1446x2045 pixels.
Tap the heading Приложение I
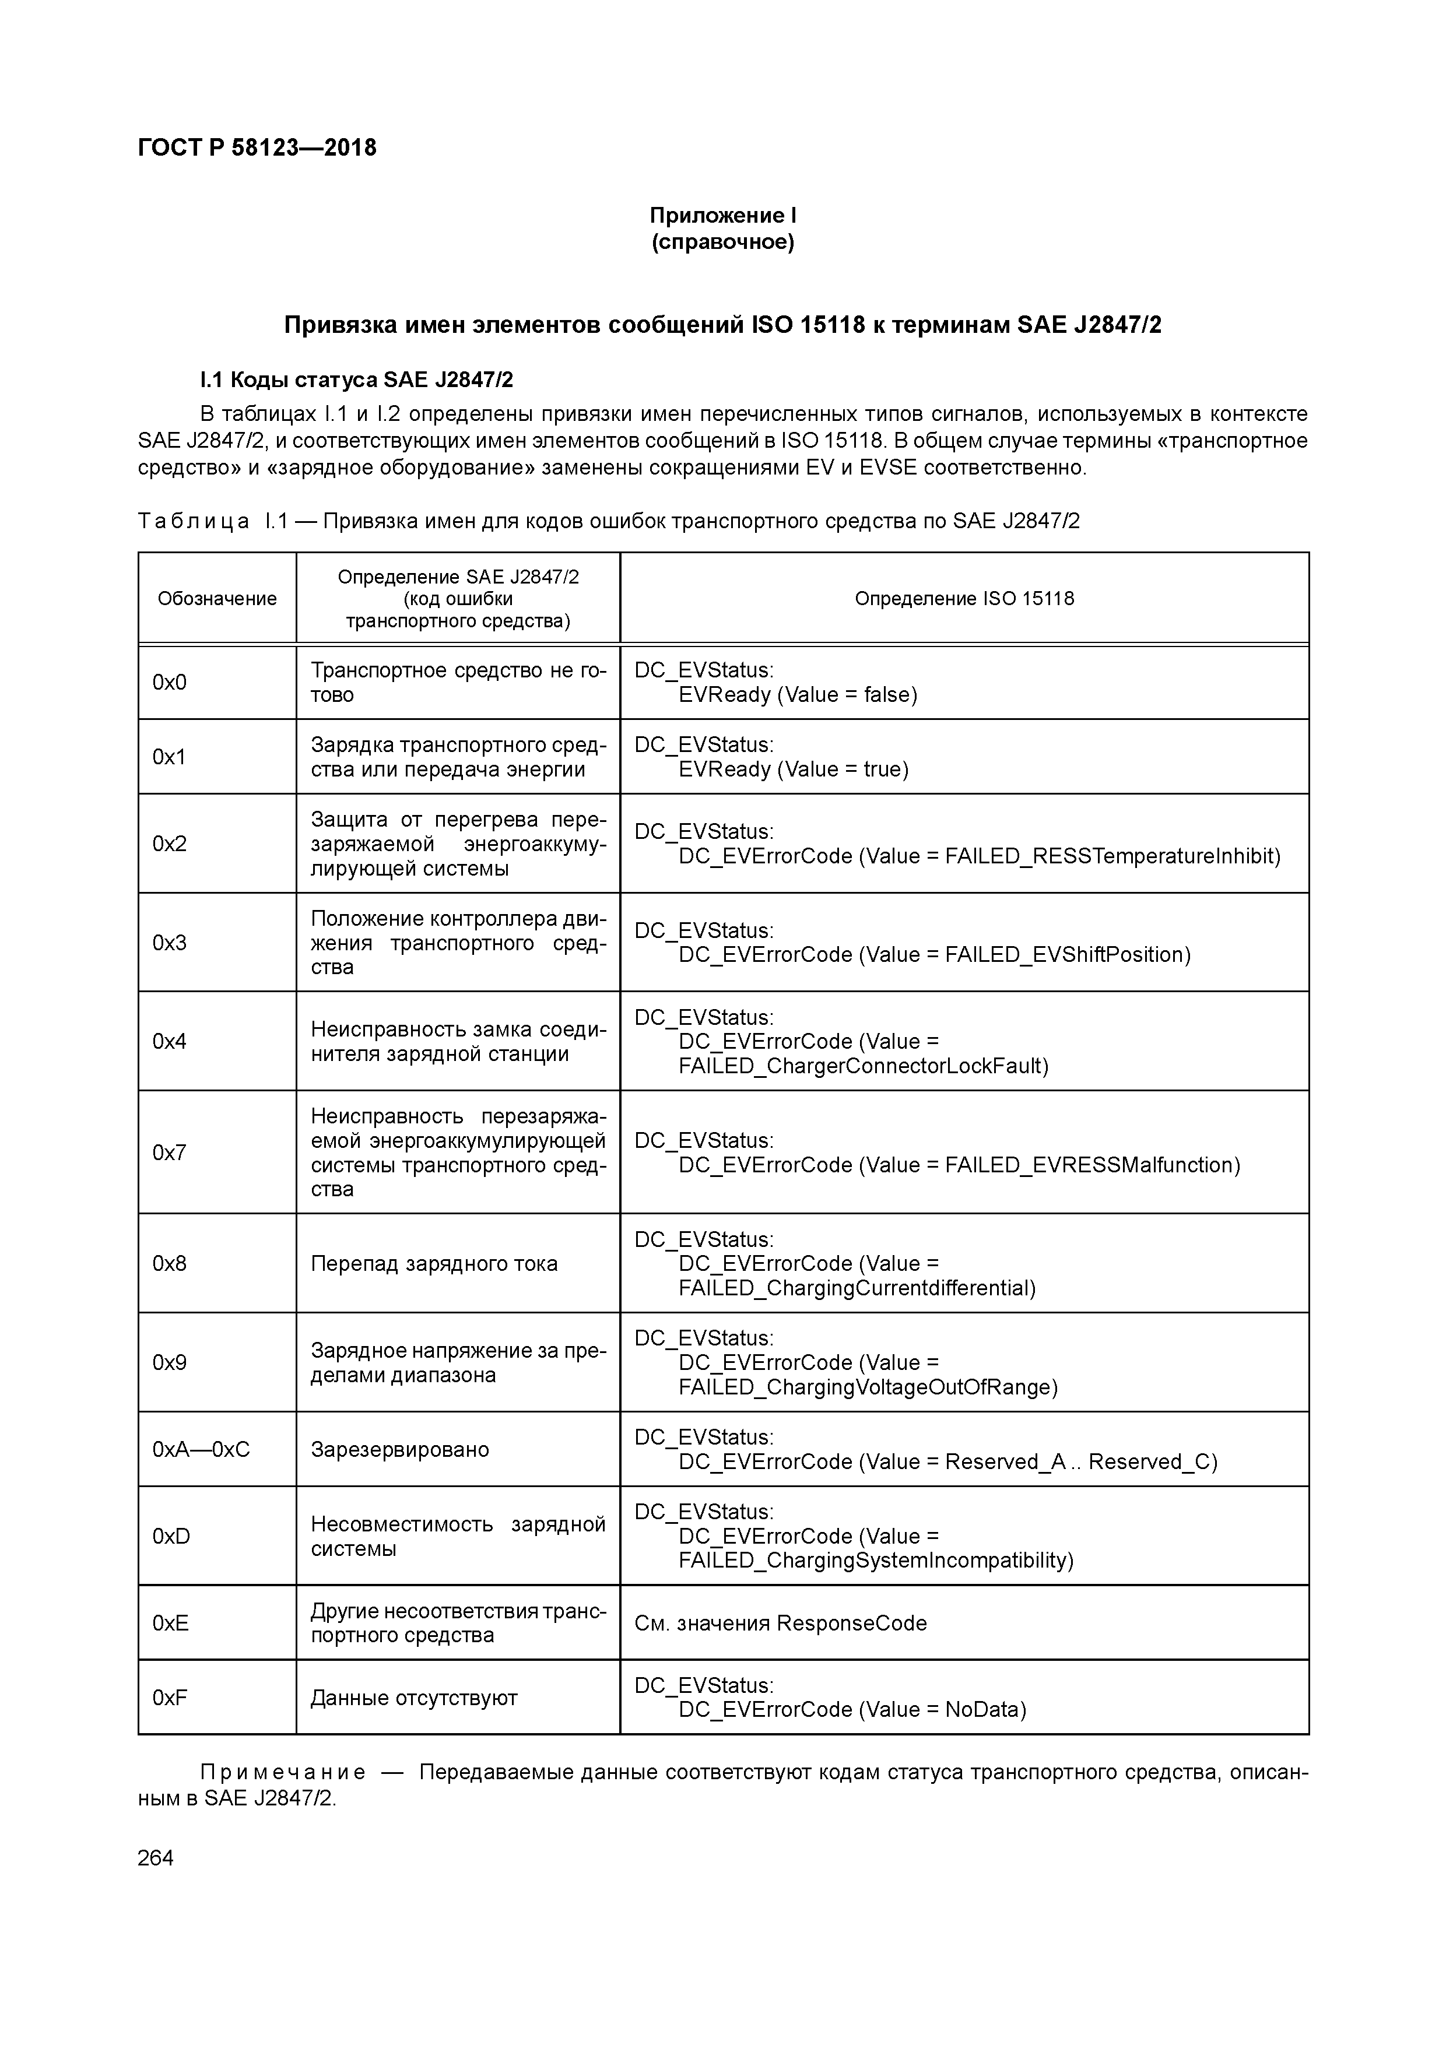click(722, 216)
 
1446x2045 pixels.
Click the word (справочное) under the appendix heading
click(722, 243)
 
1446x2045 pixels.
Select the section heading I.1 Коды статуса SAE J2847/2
click(356, 380)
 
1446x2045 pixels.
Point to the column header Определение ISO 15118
click(964, 599)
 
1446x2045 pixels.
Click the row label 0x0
click(169, 682)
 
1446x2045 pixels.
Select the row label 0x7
click(169, 1152)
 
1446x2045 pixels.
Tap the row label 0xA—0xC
click(201, 1449)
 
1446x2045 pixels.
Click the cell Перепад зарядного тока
click(434, 1264)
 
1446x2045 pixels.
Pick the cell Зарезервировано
click(400, 1449)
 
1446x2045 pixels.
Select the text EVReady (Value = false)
click(798, 695)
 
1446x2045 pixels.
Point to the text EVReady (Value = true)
click(793, 769)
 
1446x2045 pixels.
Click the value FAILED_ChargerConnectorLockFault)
click(862, 1066)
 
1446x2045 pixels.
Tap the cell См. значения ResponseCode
click(781, 1623)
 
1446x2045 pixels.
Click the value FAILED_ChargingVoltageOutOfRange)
click(868, 1387)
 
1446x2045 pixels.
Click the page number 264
click(156, 1858)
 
